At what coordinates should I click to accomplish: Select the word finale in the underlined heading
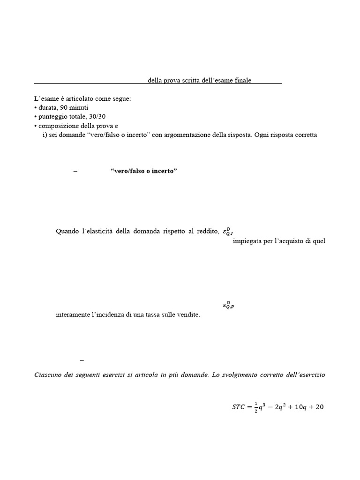point(242,80)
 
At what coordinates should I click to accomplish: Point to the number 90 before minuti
point(59,108)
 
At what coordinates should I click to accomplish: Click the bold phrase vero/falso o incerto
point(144,171)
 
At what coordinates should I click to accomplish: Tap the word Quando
point(68,231)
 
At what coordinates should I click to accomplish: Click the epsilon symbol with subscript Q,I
point(228,231)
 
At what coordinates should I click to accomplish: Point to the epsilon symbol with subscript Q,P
point(228,306)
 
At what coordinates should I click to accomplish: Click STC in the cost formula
point(239,407)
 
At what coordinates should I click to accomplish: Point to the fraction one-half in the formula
point(256,407)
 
